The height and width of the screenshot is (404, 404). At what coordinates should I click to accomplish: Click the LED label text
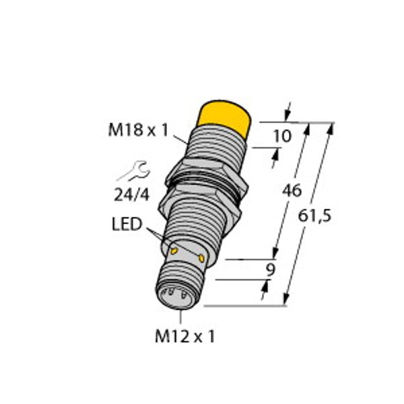pos(127,224)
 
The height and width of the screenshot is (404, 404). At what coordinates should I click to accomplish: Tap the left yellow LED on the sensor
pos(173,250)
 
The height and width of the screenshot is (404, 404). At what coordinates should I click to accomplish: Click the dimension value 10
pos(283,137)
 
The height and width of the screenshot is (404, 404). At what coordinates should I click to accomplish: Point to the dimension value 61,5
pos(316,215)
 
